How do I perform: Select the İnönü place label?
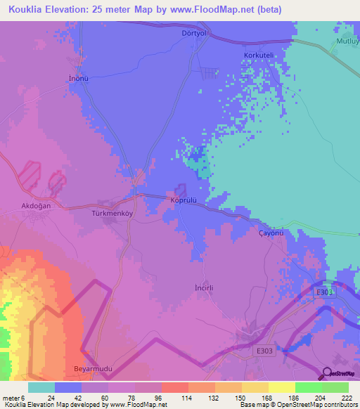(x=78, y=78)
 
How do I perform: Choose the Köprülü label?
(x=187, y=200)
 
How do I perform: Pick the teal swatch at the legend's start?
(x=41, y=387)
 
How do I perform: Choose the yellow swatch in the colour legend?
(x=281, y=387)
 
